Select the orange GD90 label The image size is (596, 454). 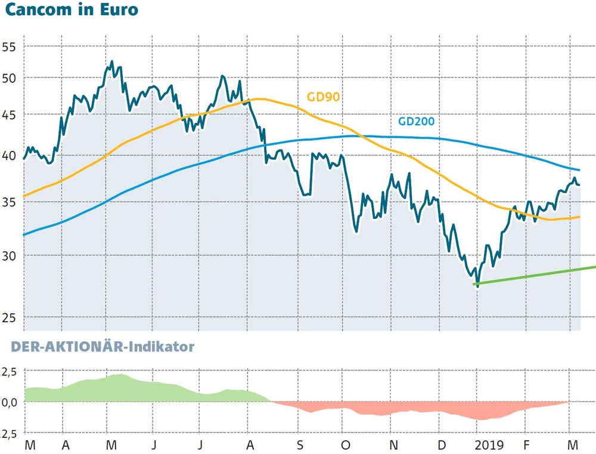click(323, 97)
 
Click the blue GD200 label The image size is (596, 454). click(416, 121)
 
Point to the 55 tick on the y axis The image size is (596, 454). click(10, 48)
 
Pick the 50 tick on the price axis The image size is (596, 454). click(10, 79)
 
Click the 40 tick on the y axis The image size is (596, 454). click(10, 156)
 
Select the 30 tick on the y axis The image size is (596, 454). click(10, 256)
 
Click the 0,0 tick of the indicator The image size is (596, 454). click(10, 402)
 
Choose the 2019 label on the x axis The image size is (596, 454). click(488, 446)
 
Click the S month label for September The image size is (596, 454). click(300, 446)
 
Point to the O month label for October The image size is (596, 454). click(346, 446)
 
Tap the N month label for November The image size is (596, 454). click(392, 446)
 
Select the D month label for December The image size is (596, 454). click(441, 446)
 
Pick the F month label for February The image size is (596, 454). click(526, 446)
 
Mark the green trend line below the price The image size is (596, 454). click(536, 274)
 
